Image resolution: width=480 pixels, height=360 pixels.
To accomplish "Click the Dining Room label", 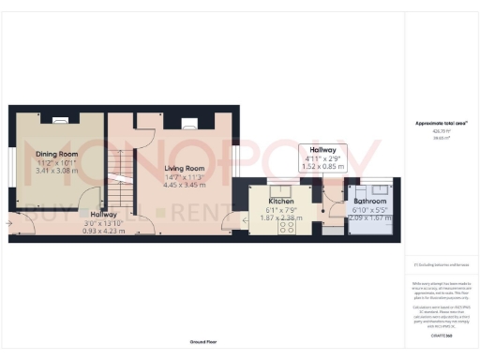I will point(56,154).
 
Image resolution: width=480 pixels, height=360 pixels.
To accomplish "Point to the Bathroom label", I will point(369,200).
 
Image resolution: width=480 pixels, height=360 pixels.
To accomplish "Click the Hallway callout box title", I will point(322,150).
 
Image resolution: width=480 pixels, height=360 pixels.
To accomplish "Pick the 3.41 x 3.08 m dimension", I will point(56,172).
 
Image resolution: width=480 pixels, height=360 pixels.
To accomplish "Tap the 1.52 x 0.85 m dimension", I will point(322,167).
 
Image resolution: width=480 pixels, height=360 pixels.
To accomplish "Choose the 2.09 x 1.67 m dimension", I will point(369,217).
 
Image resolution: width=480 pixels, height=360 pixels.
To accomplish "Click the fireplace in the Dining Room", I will point(57,119).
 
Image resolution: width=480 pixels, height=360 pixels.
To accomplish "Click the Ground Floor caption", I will point(203,343).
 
